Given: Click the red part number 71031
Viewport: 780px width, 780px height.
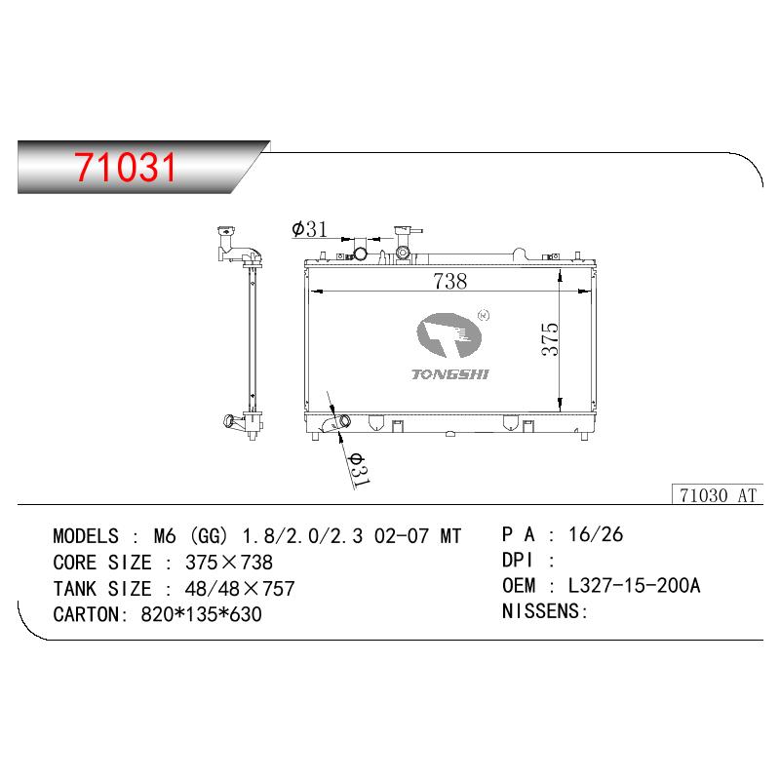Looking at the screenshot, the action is pyautogui.click(x=126, y=167).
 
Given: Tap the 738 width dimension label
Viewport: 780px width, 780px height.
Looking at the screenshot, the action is pyautogui.click(x=450, y=281).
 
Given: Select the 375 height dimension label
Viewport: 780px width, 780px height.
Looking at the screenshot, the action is pyautogui.click(x=550, y=338).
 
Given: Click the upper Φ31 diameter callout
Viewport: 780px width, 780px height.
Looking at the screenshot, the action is pyautogui.click(x=309, y=229).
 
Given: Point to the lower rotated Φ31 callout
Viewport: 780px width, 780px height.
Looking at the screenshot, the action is pyautogui.click(x=358, y=470).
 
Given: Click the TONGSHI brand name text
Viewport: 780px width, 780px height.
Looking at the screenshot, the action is pyautogui.click(x=450, y=374).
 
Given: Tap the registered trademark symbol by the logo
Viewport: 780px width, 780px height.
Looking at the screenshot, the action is pyautogui.click(x=483, y=315).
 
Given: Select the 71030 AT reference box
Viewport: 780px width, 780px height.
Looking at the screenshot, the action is pyautogui.click(x=718, y=495).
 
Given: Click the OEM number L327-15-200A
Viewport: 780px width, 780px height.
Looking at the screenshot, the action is pyautogui.click(x=635, y=586).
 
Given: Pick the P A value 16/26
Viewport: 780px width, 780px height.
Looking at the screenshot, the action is pyautogui.click(x=596, y=534).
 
